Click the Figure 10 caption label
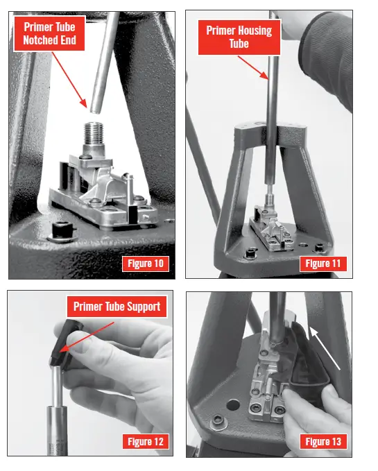146,264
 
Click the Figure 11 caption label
323,264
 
